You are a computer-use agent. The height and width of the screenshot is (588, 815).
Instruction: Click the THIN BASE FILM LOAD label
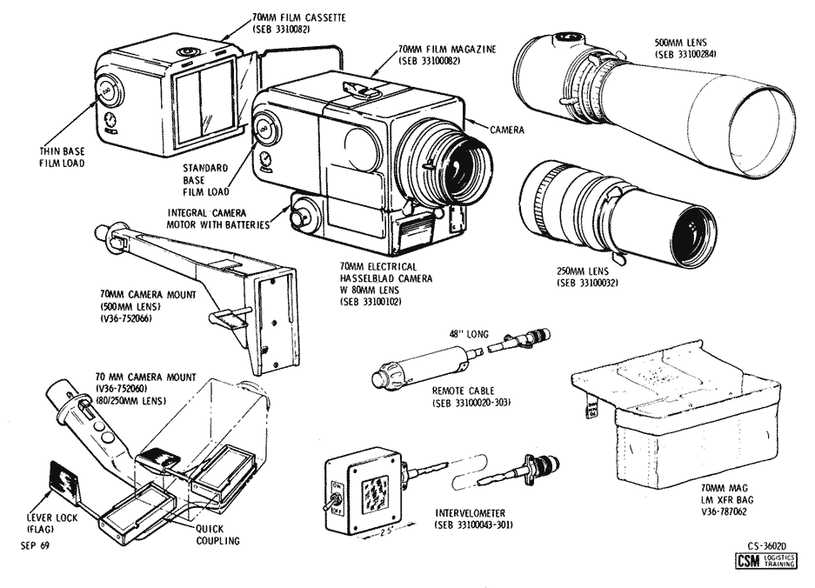[62, 156]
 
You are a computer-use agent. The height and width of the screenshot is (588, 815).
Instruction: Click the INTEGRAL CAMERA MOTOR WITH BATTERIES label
[222, 218]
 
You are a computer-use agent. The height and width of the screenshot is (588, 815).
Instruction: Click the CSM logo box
[745, 565]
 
